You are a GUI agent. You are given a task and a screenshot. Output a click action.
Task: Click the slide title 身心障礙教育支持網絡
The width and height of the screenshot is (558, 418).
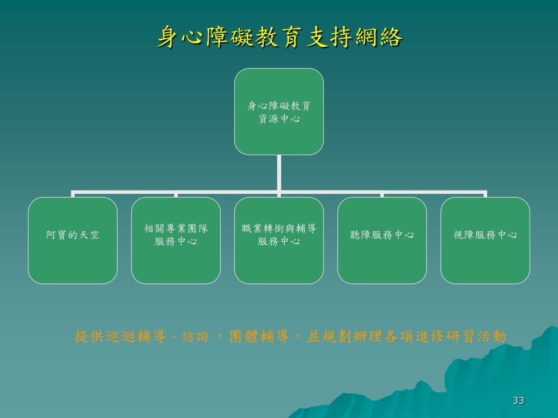(x=280, y=38)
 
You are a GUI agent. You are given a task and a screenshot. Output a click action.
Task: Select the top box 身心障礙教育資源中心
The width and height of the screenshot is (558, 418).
(x=279, y=112)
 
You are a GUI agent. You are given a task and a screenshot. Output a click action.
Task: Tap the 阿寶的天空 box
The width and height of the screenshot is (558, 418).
(x=72, y=240)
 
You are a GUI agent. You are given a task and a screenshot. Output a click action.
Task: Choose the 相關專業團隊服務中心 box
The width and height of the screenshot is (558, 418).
(x=175, y=240)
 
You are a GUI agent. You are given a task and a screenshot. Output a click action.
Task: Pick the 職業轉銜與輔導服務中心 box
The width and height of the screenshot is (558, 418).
(x=279, y=240)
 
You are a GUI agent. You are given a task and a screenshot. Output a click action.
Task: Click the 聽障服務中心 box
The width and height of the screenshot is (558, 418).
(x=382, y=240)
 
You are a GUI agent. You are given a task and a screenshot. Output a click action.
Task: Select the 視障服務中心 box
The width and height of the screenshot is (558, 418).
(x=485, y=240)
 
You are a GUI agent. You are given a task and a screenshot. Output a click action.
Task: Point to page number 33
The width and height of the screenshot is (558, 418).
(x=518, y=401)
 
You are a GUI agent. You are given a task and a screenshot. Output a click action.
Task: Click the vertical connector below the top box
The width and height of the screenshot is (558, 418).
(x=279, y=173)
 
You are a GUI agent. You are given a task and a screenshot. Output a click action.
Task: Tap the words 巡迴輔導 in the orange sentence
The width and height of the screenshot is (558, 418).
(x=136, y=336)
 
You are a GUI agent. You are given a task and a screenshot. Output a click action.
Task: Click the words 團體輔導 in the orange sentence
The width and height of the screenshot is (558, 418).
(x=260, y=336)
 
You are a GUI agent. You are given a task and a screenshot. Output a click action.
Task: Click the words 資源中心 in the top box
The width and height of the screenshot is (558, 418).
(x=279, y=119)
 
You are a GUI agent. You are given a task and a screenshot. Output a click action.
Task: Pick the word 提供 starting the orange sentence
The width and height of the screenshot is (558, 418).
(x=89, y=336)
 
